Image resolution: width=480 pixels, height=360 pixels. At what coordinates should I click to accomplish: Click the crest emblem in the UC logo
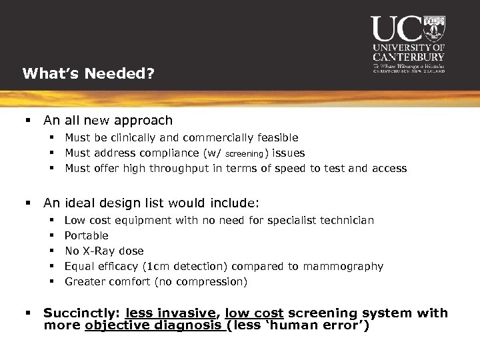tap(433, 29)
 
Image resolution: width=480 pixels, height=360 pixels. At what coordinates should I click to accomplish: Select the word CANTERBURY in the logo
tap(408, 57)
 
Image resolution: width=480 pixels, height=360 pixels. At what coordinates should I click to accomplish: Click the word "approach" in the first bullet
tap(145, 121)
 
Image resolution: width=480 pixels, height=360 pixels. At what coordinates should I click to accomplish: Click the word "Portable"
tap(86, 235)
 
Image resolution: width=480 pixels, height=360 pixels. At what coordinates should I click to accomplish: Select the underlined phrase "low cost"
tap(254, 313)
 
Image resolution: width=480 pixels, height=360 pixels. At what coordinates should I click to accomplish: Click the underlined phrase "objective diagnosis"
tap(154, 326)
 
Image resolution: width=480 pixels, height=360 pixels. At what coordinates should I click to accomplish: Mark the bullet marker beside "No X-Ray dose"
tap(51, 251)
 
